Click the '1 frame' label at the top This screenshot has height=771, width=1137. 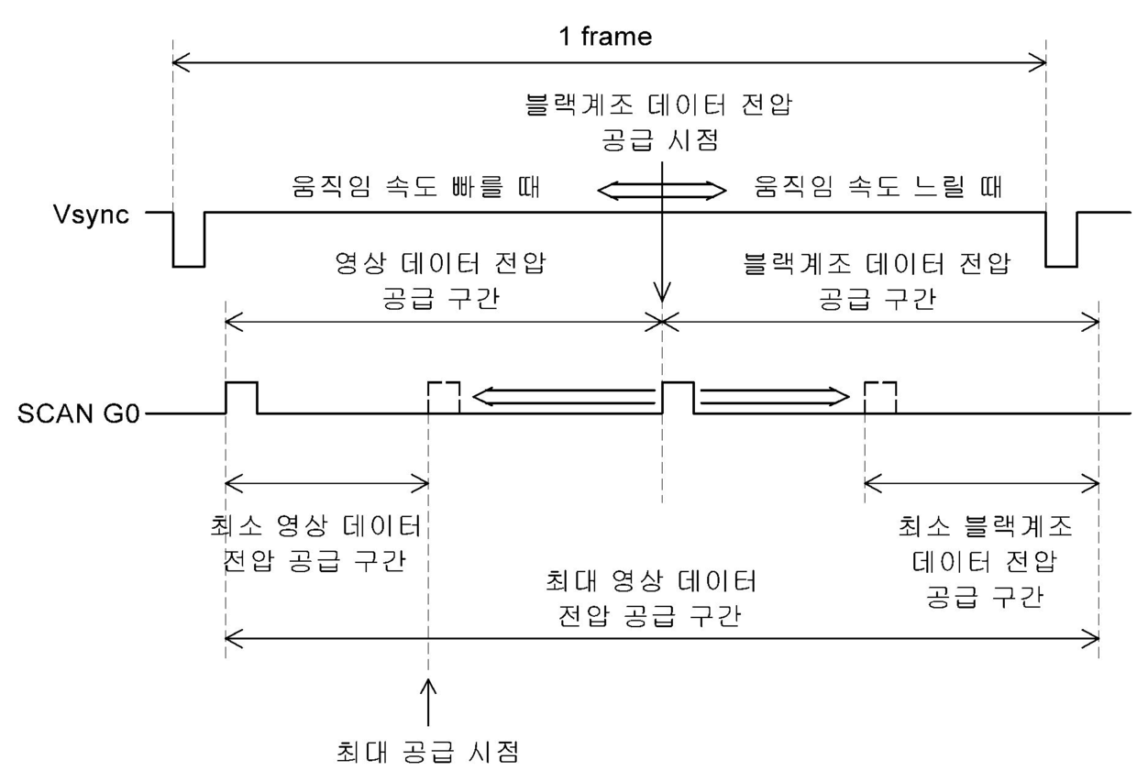point(608,37)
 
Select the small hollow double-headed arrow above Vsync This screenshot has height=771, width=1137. point(660,191)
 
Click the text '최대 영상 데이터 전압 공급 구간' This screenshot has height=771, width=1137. point(651,598)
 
